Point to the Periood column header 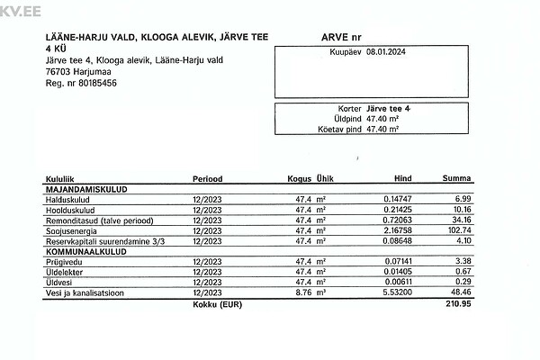pyautogui.click(x=208, y=179)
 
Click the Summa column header pyautogui.click(x=457, y=179)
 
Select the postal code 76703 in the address pyautogui.click(x=59, y=72)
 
